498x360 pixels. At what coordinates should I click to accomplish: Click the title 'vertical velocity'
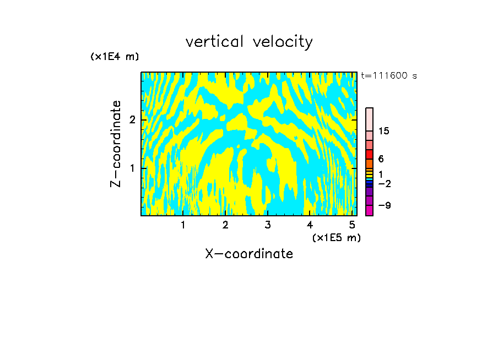click(249, 42)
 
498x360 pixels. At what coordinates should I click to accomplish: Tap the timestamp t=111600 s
click(388, 75)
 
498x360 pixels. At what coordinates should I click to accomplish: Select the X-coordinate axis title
click(249, 254)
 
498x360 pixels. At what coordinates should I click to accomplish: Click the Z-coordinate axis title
click(116, 144)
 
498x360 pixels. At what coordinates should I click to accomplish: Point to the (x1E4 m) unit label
click(115, 57)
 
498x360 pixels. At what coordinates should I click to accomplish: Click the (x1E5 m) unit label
click(336, 237)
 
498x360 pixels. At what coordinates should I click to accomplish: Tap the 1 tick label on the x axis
click(183, 225)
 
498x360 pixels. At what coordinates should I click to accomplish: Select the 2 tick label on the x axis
click(225, 225)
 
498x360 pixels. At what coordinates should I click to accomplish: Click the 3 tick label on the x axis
click(267, 225)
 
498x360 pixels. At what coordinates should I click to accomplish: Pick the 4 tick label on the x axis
click(310, 225)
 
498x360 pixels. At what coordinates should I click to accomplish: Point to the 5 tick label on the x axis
click(351, 225)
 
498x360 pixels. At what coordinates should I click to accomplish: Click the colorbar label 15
click(384, 131)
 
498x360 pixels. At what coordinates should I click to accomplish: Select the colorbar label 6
click(381, 159)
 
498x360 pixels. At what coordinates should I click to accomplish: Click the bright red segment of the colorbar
click(369, 154)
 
